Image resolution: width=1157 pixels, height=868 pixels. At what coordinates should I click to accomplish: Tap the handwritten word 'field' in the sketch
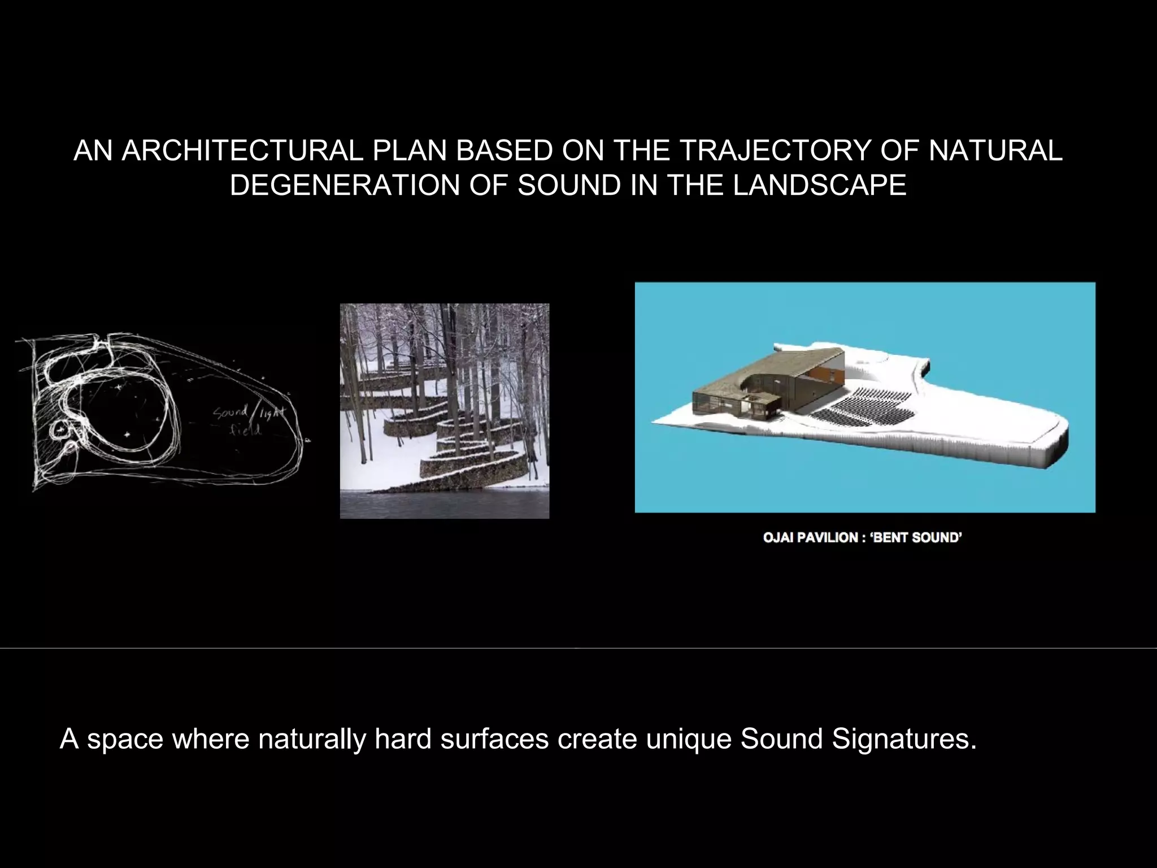[245, 431]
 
